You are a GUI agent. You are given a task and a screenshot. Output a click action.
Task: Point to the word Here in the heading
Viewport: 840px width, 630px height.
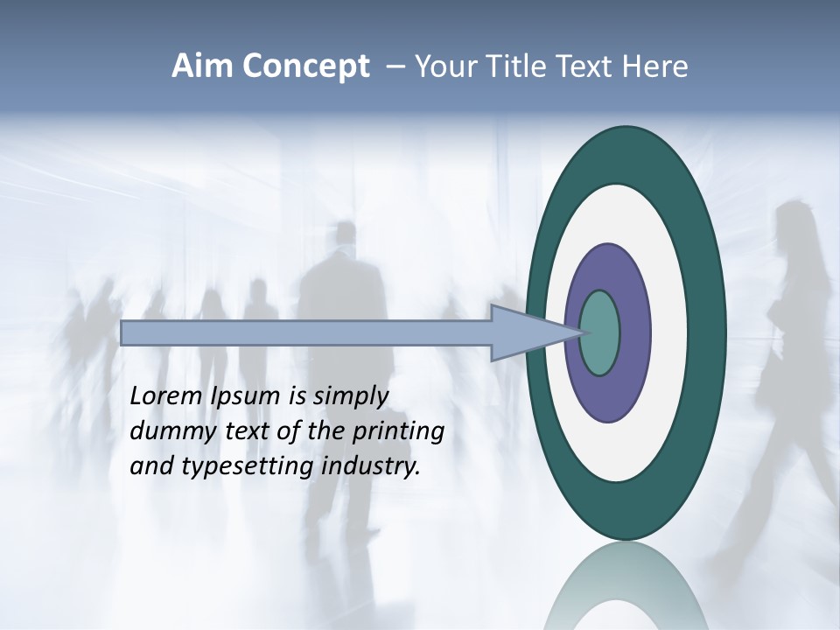pyautogui.click(x=654, y=66)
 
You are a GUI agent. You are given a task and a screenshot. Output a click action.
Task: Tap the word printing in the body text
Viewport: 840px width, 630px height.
pyautogui.click(x=398, y=431)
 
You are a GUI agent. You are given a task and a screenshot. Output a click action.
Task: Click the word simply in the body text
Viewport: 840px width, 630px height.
pyautogui.click(x=350, y=396)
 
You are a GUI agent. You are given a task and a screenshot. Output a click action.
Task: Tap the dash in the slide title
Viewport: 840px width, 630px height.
pyautogui.click(x=395, y=66)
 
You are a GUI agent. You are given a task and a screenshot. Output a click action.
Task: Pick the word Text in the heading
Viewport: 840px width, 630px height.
pyautogui.click(x=582, y=66)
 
